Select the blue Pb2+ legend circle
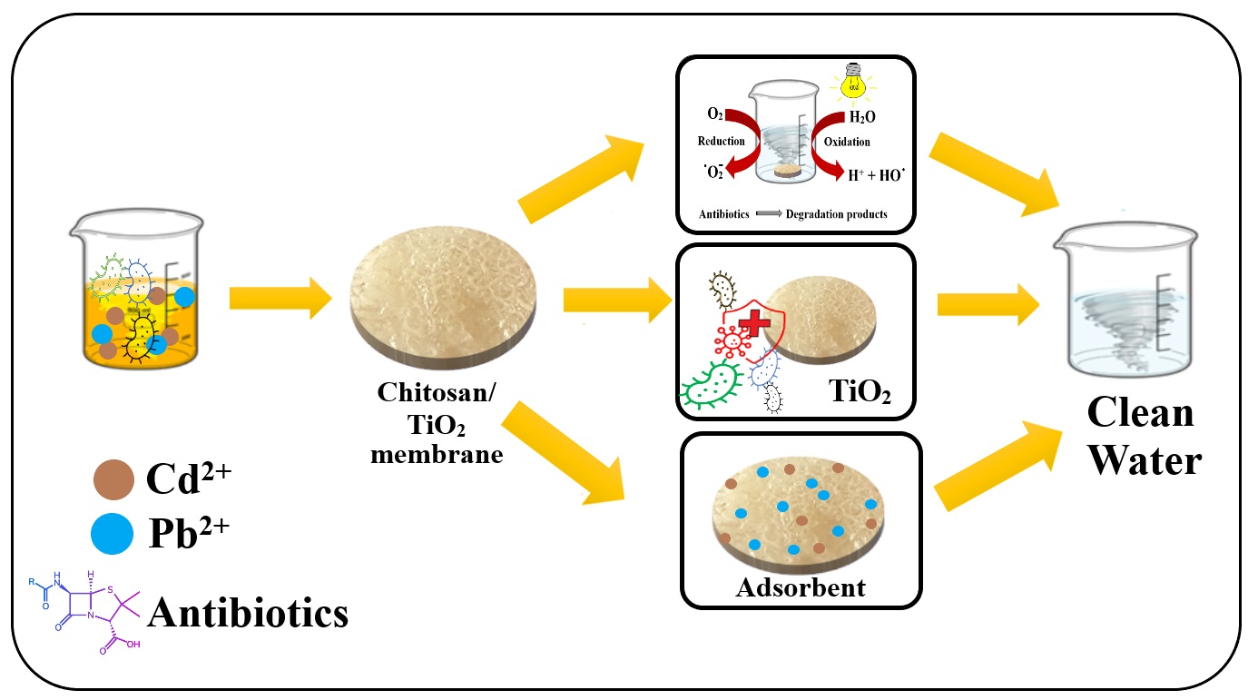113,533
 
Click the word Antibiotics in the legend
248,612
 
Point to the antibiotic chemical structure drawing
87,607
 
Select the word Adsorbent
801,587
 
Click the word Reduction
722,141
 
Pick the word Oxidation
846,141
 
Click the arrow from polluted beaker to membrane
281,298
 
